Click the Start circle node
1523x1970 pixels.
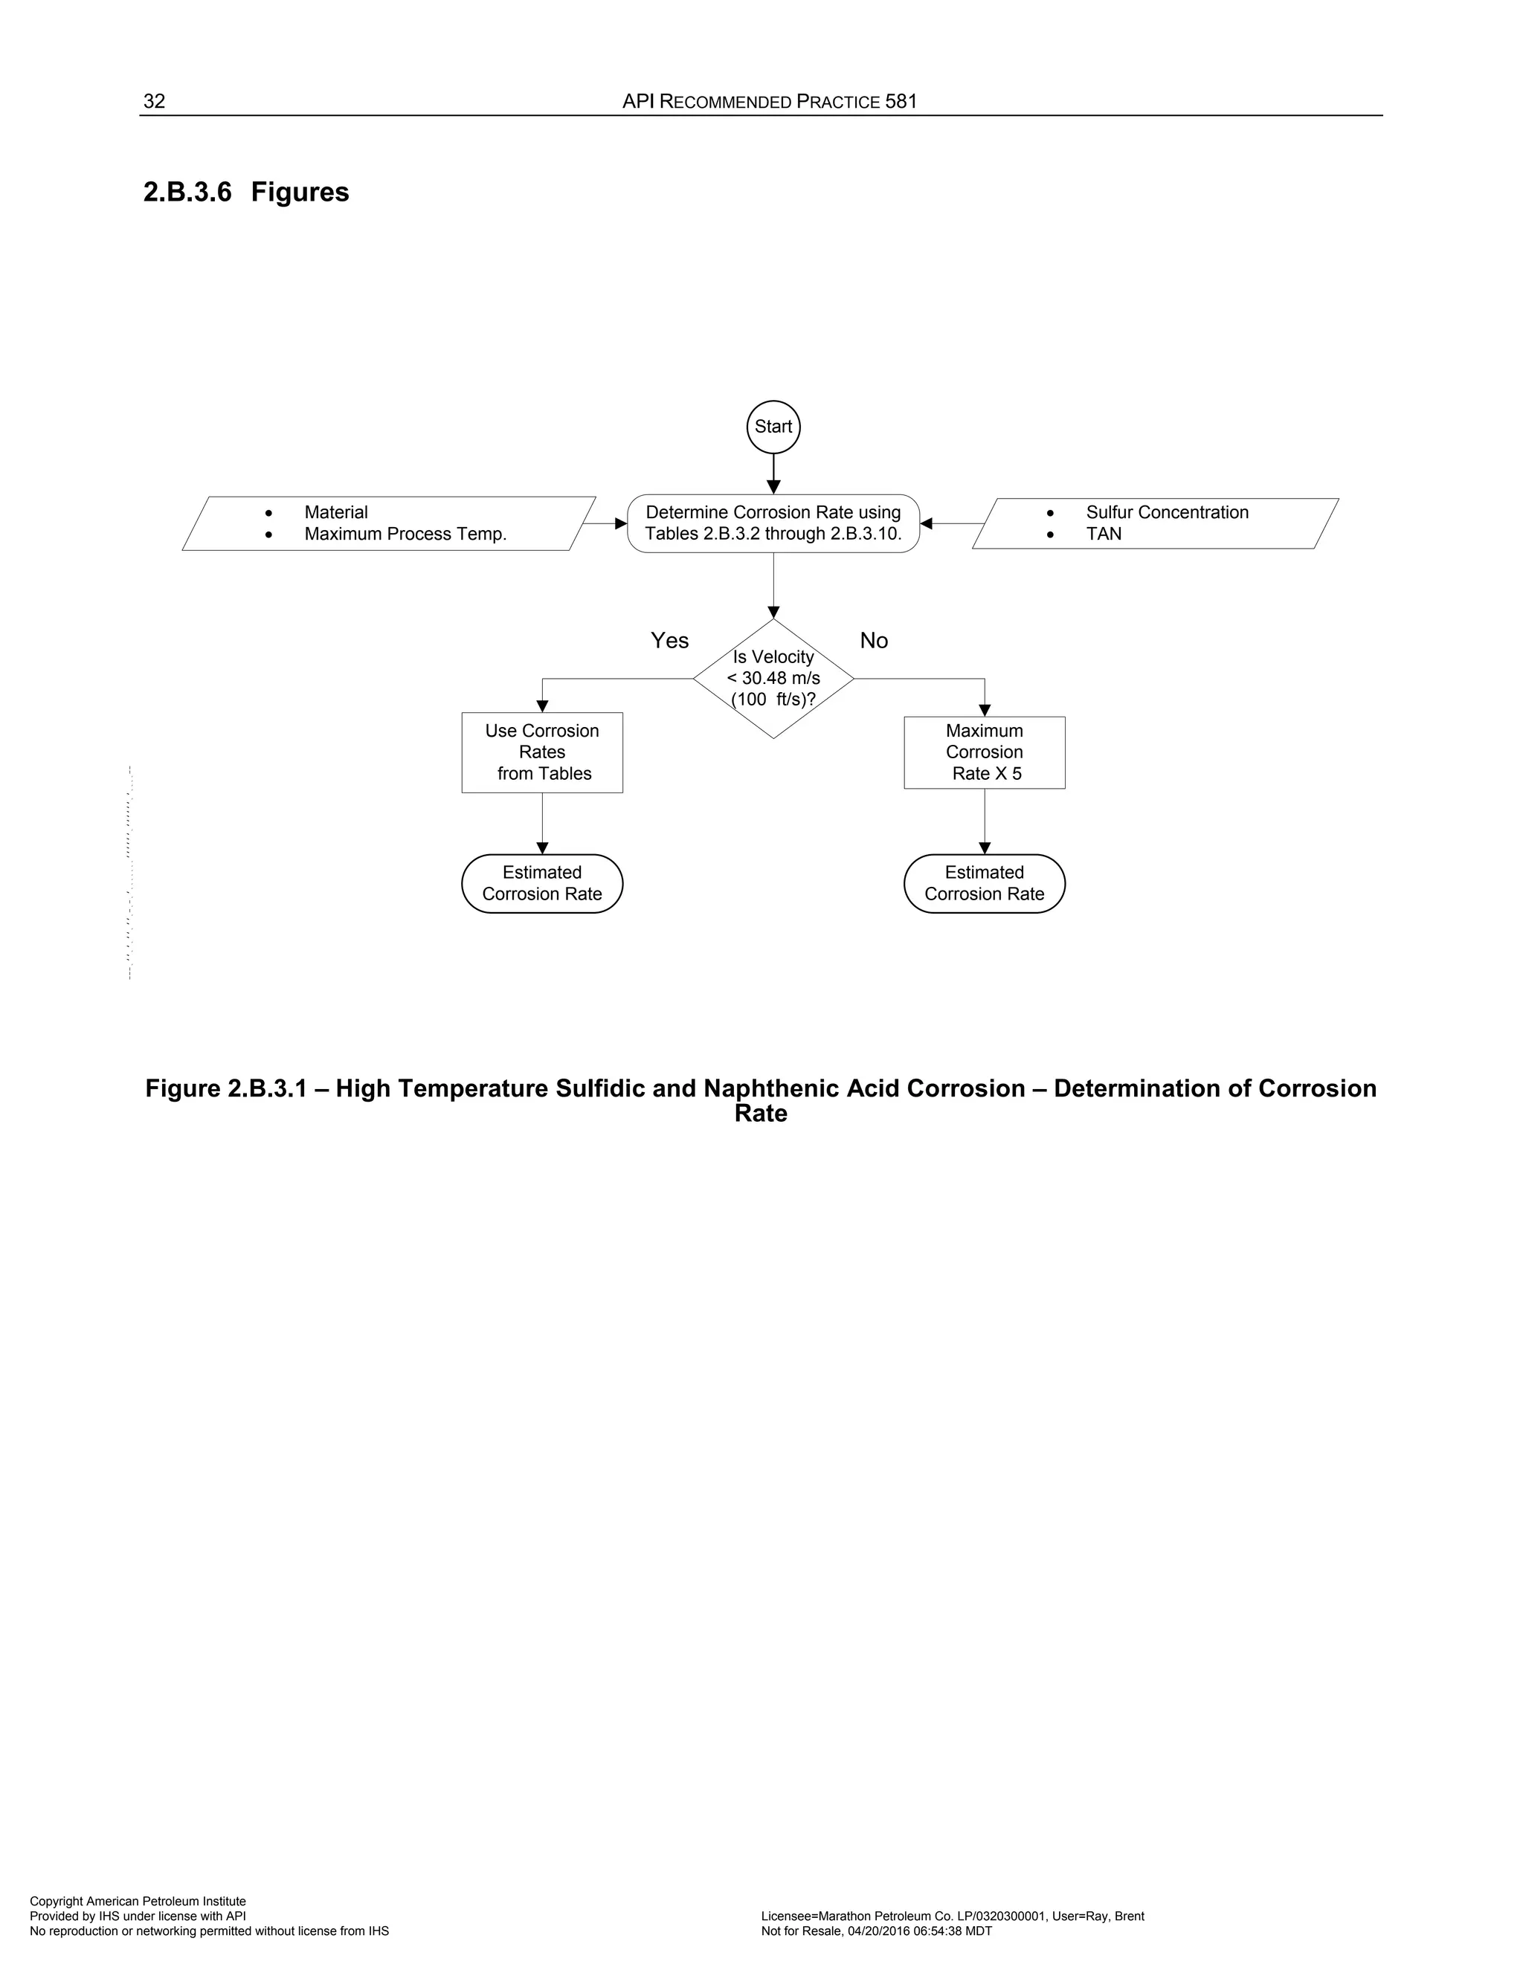point(773,427)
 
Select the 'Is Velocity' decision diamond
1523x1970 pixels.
point(773,678)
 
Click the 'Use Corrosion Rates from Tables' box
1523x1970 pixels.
point(542,752)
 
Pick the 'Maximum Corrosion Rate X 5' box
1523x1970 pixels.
point(985,752)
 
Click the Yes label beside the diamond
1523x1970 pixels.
point(669,640)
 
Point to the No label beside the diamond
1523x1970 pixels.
point(873,640)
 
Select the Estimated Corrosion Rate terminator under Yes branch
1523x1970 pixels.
point(542,883)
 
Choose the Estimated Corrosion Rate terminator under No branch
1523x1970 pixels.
point(985,883)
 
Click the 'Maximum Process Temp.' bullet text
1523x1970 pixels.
point(405,534)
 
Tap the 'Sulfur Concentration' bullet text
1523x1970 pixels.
point(1167,512)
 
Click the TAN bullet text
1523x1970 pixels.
point(1104,534)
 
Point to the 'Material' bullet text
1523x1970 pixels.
point(335,512)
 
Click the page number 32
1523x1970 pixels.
point(154,101)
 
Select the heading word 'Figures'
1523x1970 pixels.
point(300,192)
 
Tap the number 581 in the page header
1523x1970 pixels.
point(901,101)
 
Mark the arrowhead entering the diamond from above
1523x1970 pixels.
point(773,613)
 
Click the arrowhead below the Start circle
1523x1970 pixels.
point(773,488)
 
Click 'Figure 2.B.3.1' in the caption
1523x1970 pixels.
point(233,1089)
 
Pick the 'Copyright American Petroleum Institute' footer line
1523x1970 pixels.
point(138,1902)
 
